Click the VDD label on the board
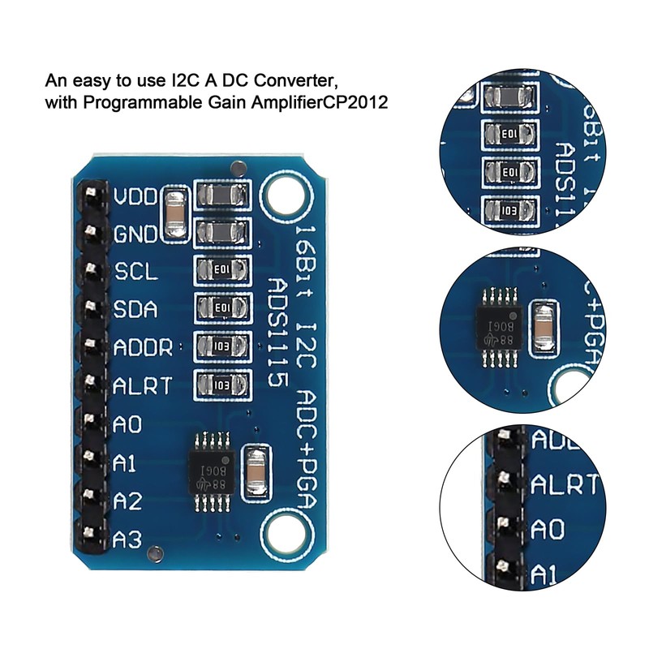pyautogui.click(x=135, y=198)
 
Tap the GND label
pyautogui.click(x=135, y=235)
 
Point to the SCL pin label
pyautogui.click(x=135, y=273)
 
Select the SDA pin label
pyautogui.click(x=135, y=310)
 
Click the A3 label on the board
pyautogui.click(x=128, y=538)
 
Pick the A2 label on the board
pyautogui.click(x=128, y=501)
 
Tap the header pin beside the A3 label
pyautogui.click(x=91, y=535)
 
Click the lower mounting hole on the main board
pyautogui.click(x=285, y=535)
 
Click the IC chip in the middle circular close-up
pyautogui.click(x=495, y=325)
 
